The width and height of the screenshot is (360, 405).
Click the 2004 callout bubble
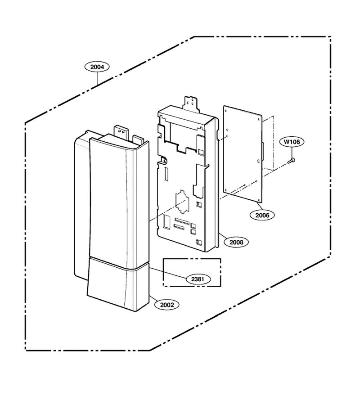pyautogui.click(x=97, y=67)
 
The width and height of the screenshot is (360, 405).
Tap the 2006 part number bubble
pyautogui.click(x=262, y=215)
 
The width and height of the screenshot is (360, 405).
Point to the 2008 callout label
pyautogui.click(x=236, y=242)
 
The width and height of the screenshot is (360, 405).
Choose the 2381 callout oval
pyautogui.click(x=198, y=279)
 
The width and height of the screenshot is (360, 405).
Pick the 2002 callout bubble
pyautogui.click(x=167, y=305)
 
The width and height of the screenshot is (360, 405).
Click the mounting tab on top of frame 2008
pyautogui.click(x=191, y=104)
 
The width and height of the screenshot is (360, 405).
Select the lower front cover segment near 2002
pyautogui.click(x=118, y=283)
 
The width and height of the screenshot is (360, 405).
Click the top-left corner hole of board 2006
pyautogui.click(x=226, y=111)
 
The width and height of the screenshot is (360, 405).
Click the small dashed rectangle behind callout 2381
pyautogui.click(x=192, y=272)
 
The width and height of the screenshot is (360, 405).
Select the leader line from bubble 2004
pyautogui.click(x=97, y=79)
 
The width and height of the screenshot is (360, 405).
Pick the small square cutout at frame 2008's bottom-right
pyautogui.click(x=199, y=242)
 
